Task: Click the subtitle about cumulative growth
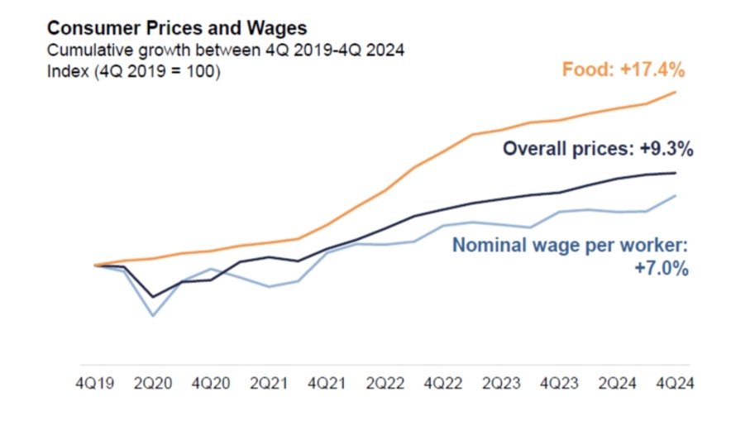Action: tap(226, 50)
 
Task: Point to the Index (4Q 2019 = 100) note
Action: tap(134, 71)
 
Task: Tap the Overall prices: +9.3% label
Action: tap(598, 150)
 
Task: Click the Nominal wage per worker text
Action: tap(571, 246)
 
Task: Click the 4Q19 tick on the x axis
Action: tap(95, 385)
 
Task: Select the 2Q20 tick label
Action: tap(153, 385)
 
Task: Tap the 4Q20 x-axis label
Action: tap(211, 385)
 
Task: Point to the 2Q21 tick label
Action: tap(269, 385)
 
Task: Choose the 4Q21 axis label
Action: tap(327, 385)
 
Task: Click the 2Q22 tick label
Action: tap(385, 385)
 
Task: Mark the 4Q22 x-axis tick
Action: tap(443, 385)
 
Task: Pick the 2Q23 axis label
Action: tap(502, 385)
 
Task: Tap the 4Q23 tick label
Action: tap(560, 385)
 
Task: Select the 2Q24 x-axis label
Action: tap(618, 385)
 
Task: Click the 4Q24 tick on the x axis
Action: tap(676, 385)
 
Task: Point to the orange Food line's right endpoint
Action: tap(676, 92)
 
